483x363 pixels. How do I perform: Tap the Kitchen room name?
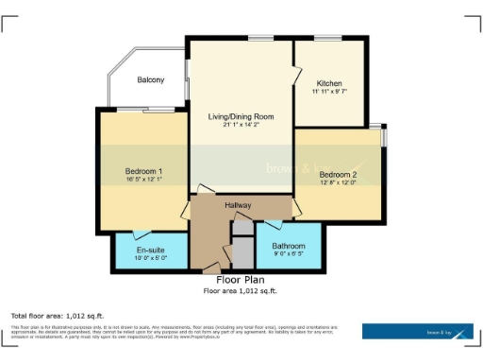point(329,83)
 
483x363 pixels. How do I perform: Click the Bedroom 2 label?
point(337,175)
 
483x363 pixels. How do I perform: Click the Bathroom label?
point(289,246)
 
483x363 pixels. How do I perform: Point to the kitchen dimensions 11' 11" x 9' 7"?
point(329,92)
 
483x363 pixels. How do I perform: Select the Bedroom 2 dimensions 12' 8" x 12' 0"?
point(337,183)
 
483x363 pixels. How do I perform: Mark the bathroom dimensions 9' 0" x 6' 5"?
point(289,254)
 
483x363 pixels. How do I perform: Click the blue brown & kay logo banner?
point(418,331)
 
